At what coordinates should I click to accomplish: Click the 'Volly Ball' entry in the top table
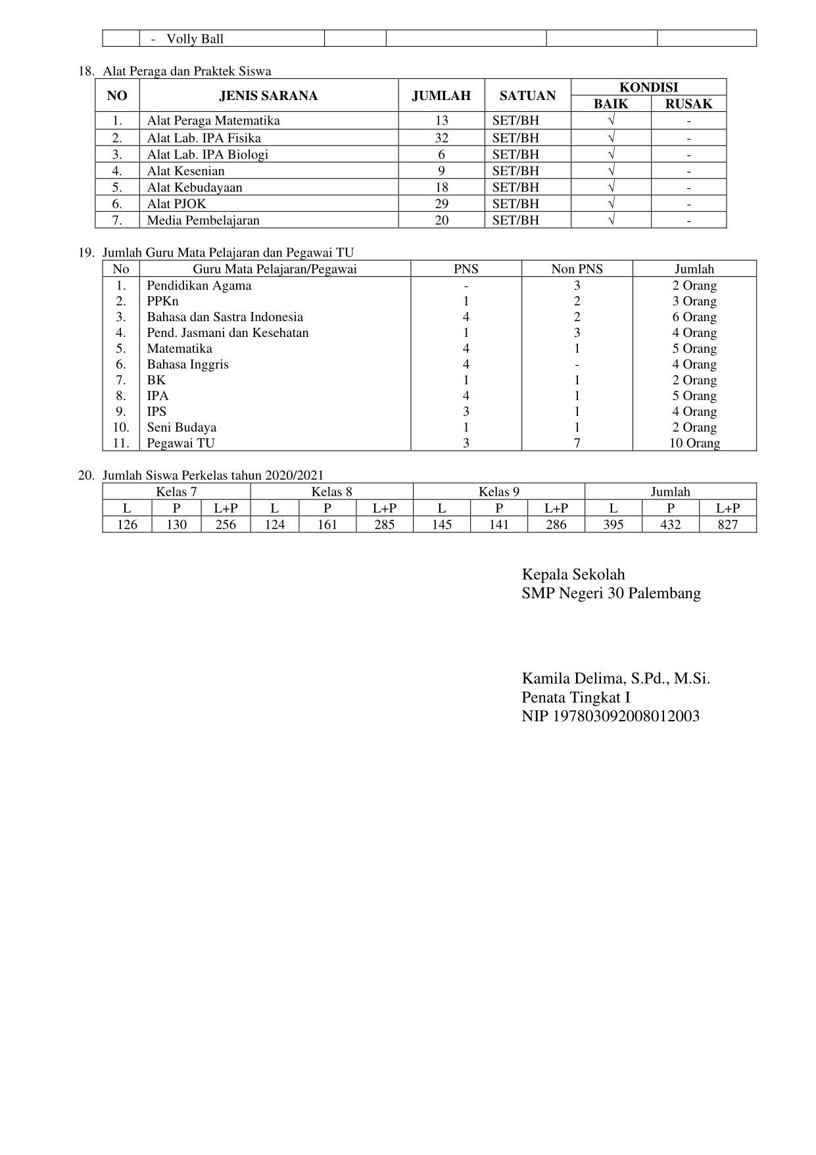tap(195, 39)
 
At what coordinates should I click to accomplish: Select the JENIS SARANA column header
tap(268, 96)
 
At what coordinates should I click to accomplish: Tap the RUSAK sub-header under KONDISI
tap(688, 104)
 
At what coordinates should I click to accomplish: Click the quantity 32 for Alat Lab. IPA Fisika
tap(441, 138)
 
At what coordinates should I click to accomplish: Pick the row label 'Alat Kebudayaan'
tap(195, 188)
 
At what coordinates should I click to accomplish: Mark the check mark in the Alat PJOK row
tap(611, 203)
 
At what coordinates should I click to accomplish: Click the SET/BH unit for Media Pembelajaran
tap(516, 220)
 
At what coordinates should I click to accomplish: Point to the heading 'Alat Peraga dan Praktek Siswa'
tap(187, 71)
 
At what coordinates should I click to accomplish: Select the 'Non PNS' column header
tap(577, 269)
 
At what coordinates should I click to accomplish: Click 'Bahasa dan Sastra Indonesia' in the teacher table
tap(225, 317)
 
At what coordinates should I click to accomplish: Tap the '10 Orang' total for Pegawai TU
tap(694, 444)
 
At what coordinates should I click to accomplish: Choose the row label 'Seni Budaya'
tap(181, 428)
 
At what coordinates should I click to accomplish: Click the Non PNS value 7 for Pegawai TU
tap(577, 444)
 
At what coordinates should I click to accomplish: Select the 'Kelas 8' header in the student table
tap(331, 492)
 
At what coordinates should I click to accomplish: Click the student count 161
tap(327, 525)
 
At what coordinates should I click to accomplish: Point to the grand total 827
tap(727, 525)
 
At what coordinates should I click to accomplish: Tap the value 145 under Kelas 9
tap(441, 525)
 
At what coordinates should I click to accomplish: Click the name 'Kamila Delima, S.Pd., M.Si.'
tap(615, 679)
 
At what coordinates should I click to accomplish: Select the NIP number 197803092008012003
tap(610, 716)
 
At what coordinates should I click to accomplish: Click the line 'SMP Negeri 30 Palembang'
tap(611, 594)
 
